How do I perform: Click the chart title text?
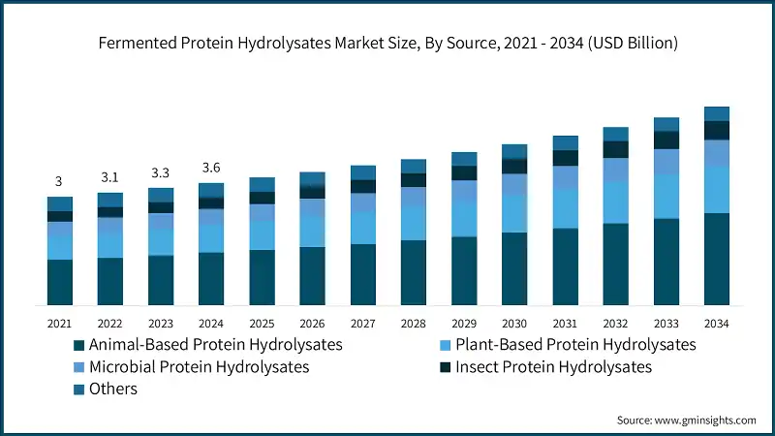pyautogui.click(x=387, y=44)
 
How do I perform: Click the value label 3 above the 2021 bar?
pyautogui.click(x=59, y=181)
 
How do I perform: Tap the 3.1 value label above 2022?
pyautogui.click(x=109, y=177)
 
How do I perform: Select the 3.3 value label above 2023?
pyautogui.click(x=160, y=172)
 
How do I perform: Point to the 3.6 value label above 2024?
pyautogui.click(x=211, y=168)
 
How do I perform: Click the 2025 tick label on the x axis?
pyautogui.click(x=262, y=323)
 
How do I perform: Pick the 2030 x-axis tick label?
pyautogui.click(x=514, y=323)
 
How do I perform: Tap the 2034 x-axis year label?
pyautogui.click(x=717, y=323)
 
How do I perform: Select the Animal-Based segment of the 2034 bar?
pyautogui.click(x=717, y=259)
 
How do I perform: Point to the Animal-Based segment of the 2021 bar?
pyautogui.click(x=59, y=282)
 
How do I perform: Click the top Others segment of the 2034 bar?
pyautogui.click(x=717, y=113)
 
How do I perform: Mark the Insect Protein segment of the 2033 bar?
pyautogui.click(x=666, y=140)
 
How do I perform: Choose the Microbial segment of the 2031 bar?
pyautogui.click(x=565, y=177)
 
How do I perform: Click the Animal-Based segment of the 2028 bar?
pyautogui.click(x=414, y=272)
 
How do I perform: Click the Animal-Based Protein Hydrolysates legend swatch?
pyautogui.click(x=78, y=345)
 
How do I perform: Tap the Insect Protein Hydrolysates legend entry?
pyautogui.click(x=553, y=367)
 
